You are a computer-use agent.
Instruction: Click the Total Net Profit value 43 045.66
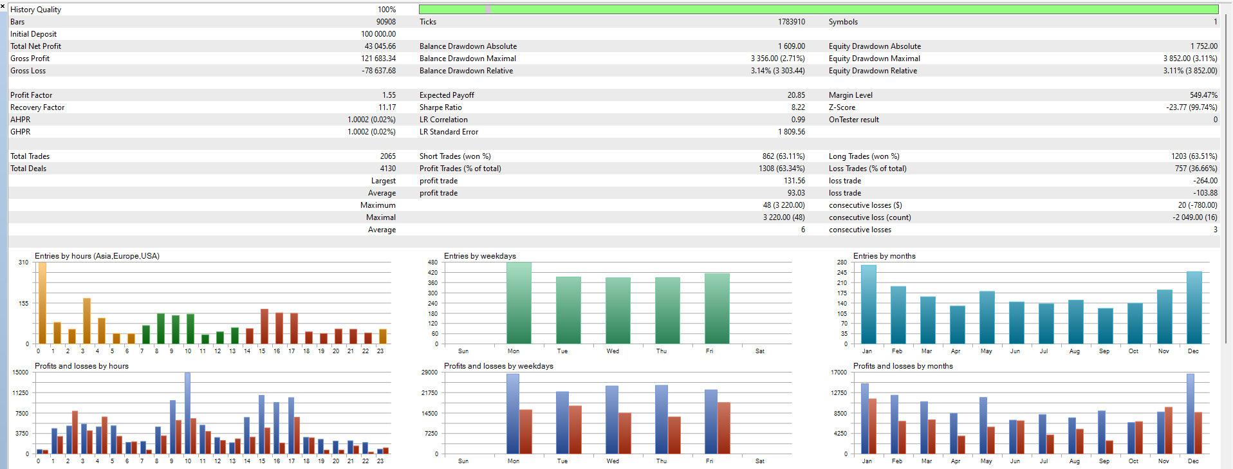380,46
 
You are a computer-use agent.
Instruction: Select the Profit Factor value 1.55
389,95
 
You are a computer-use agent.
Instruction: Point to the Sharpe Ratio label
440,107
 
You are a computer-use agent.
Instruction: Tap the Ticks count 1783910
791,22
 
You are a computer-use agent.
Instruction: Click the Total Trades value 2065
387,156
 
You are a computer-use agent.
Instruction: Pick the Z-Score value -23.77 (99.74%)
1191,107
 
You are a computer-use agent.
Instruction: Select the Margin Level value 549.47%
1203,95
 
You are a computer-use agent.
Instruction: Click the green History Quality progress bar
818,9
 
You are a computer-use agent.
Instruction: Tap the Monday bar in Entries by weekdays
519,302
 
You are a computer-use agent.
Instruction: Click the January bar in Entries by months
868,304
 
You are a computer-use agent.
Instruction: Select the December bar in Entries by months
1194,308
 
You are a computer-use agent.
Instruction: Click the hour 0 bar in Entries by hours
42,302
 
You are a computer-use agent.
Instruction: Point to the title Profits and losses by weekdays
498,366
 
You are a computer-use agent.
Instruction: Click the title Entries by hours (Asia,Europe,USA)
97,256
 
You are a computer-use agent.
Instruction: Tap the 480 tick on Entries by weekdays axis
432,262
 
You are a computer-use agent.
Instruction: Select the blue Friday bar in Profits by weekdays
710,421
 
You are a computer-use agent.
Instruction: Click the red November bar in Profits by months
1169,430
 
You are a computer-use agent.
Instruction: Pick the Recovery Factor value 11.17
387,107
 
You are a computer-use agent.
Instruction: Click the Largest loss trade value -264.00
1205,181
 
